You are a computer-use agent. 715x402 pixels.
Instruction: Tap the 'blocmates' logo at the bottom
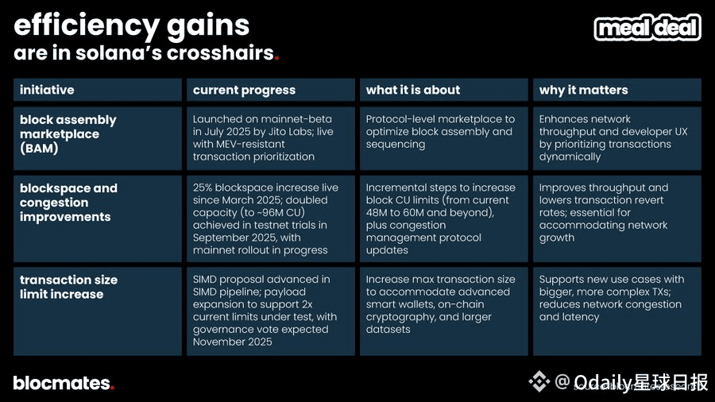[x=64, y=383]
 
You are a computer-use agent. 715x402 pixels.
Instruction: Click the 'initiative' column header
[x=47, y=90]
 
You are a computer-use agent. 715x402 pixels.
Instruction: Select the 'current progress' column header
[x=244, y=91]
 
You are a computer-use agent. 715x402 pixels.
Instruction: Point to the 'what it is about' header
[x=412, y=90]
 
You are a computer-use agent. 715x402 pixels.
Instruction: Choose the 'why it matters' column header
[x=583, y=91]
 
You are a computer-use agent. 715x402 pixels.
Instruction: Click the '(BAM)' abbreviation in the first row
[x=39, y=148]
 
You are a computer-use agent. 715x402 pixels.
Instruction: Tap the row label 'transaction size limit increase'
[x=68, y=287]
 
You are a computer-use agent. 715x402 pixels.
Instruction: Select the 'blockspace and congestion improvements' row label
[x=68, y=203]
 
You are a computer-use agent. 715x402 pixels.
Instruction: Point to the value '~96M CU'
[x=280, y=212]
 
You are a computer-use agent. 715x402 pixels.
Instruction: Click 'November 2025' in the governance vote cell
[x=232, y=342]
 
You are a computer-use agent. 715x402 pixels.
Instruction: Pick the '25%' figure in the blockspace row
[x=203, y=187]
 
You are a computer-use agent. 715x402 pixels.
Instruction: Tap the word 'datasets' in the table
[x=388, y=329]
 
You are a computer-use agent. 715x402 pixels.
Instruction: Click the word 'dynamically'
[x=570, y=157]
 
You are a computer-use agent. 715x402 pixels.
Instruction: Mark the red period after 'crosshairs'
[x=276, y=58]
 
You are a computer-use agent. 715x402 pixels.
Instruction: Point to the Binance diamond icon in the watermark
[x=539, y=381]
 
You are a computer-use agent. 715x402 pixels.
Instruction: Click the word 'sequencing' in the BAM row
[x=396, y=145]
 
